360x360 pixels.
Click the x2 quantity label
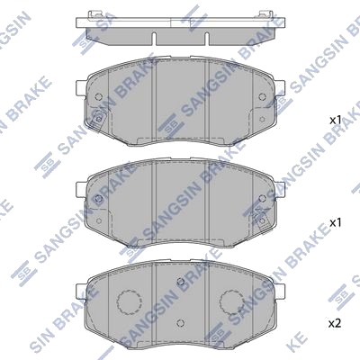(x=335, y=324)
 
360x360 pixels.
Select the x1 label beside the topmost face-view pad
(x=336, y=121)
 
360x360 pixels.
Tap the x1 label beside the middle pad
(x=336, y=222)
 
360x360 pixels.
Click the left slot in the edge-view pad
(x=154, y=39)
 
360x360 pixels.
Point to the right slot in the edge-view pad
(x=206, y=39)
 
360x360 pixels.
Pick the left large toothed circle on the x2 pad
(x=129, y=301)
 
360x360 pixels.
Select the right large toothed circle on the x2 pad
(x=231, y=301)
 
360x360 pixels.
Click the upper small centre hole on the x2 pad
(x=180, y=282)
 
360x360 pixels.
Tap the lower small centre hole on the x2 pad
(x=180, y=323)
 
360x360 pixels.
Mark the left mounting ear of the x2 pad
(x=82, y=290)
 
